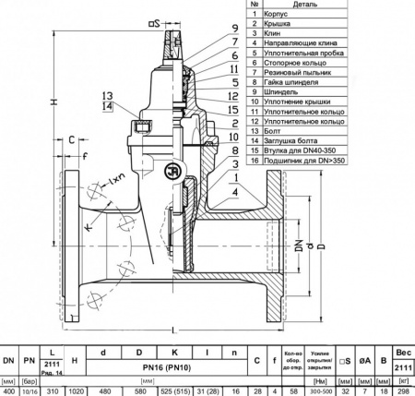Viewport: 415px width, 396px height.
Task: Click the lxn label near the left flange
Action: pyautogui.click(x=117, y=176)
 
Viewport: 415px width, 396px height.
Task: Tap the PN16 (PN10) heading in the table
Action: pyautogui.click(x=172, y=366)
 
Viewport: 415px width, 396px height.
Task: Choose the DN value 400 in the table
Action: pyautogui.click(x=8, y=390)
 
